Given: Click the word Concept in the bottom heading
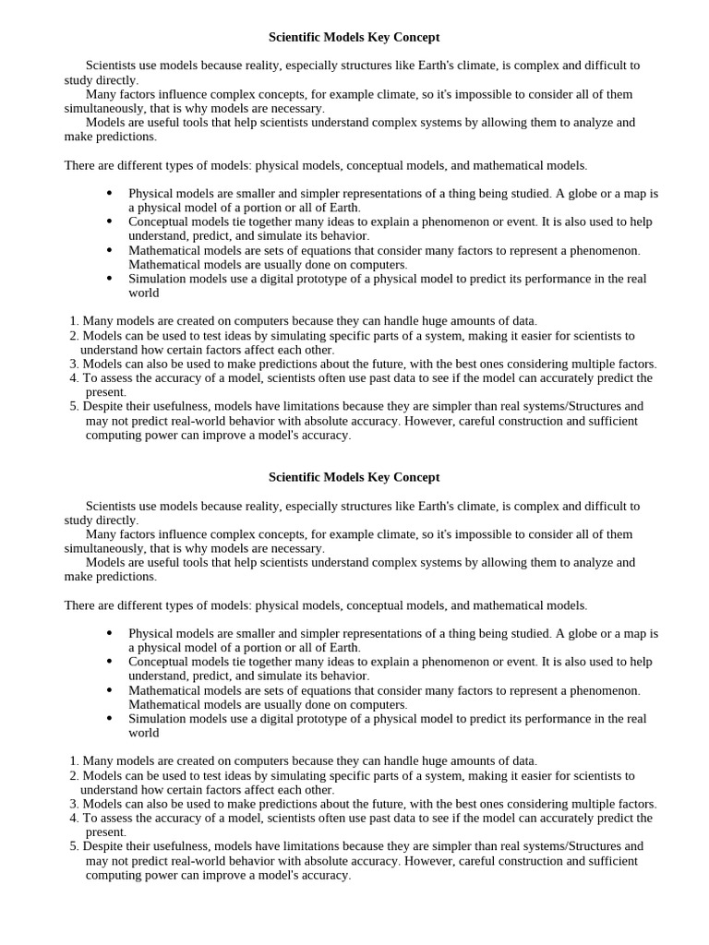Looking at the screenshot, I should tap(416, 478).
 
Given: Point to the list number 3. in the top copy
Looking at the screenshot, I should tap(75, 365).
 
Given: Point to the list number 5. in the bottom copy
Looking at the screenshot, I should tap(75, 846).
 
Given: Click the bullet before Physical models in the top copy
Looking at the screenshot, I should tap(110, 194).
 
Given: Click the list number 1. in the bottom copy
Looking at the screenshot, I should tap(75, 761).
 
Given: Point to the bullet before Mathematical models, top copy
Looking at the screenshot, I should tap(110, 250).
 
